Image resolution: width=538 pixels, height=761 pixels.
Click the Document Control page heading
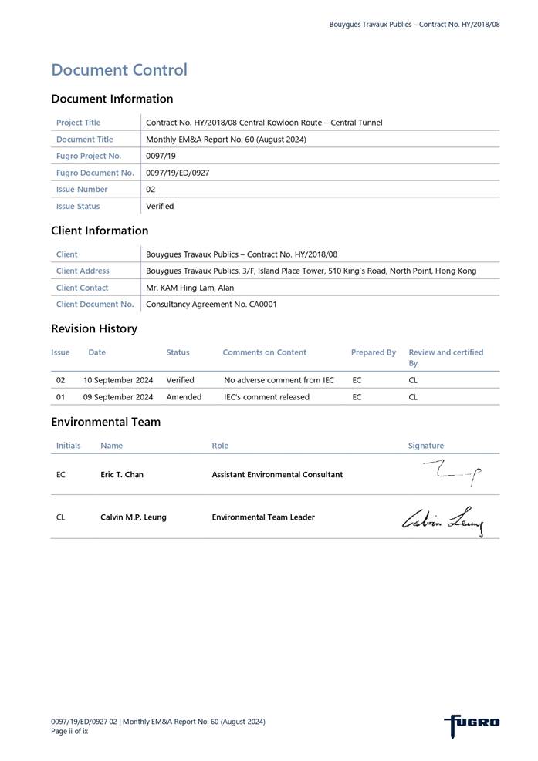click(119, 70)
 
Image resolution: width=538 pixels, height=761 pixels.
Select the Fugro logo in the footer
click(472, 723)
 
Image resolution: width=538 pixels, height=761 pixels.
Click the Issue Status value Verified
click(160, 206)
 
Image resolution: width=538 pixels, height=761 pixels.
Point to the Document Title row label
click(84, 140)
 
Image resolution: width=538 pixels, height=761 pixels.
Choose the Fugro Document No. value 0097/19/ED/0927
click(178, 173)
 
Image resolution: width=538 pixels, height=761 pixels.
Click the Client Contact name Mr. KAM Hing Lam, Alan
click(190, 288)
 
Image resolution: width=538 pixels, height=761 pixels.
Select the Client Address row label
click(83, 271)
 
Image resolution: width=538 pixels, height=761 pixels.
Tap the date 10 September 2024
click(118, 380)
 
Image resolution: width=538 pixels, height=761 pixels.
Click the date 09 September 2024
click(118, 397)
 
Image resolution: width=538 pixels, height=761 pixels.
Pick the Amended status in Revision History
click(184, 397)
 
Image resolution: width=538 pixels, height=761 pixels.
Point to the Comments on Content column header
click(264, 352)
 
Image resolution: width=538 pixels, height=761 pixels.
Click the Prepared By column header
click(373, 352)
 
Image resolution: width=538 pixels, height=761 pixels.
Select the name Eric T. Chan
click(122, 474)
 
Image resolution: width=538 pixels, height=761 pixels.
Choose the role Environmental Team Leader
click(263, 517)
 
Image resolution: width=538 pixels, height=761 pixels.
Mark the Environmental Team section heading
click(106, 422)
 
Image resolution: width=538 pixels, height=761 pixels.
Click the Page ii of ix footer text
click(69, 731)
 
